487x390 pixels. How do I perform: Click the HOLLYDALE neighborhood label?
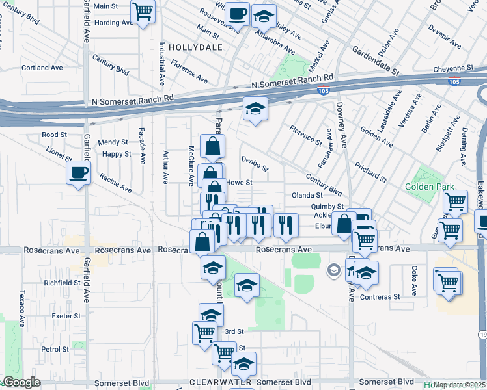click(195, 47)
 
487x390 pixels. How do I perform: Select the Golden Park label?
click(424, 187)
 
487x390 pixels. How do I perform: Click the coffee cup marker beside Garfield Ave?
click(78, 173)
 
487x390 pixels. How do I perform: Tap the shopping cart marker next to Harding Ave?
click(142, 11)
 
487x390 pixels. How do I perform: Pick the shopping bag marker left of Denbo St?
click(212, 147)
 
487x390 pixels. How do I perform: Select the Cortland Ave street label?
click(42, 68)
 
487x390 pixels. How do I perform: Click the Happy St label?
click(117, 155)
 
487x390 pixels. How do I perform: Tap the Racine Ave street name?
click(115, 183)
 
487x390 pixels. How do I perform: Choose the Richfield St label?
click(62, 283)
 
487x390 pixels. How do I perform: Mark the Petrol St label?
click(55, 349)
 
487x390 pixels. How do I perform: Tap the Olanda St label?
click(307, 195)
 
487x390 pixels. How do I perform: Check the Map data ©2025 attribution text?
click(459, 385)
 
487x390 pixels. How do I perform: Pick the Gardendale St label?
click(375, 60)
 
